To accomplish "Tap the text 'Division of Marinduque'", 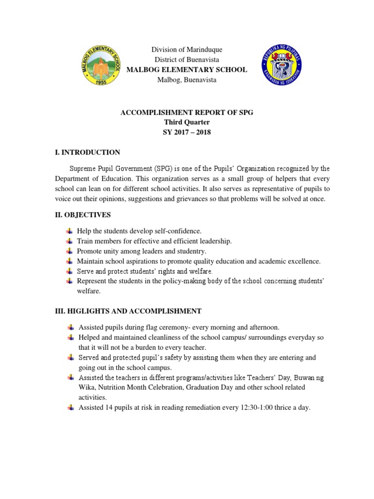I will pyautogui.click(x=187, y=50).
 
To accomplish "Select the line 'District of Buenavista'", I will pyautogui.click(x=187, y=60).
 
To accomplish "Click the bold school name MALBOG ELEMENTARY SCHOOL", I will pyautogui.click(x=187, y=70).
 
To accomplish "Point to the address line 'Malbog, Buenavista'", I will pyautogui.click(x=187, y=80).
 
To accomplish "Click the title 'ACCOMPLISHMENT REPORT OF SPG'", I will pyautogui.click(x=187, y=113).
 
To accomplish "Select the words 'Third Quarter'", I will pyautogui.click(x=187, y=122).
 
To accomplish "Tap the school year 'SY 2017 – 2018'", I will pyautogui.click(x=187, y=132).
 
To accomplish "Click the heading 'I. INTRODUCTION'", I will pyautogui.click(x=87, y=153).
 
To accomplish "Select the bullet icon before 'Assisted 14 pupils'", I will pyautogui.click(x=70, y=407).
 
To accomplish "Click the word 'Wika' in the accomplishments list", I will pyautogui.click(x=87, y=387).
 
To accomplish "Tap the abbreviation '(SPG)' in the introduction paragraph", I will pyautogui.click(x=165, y=169).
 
